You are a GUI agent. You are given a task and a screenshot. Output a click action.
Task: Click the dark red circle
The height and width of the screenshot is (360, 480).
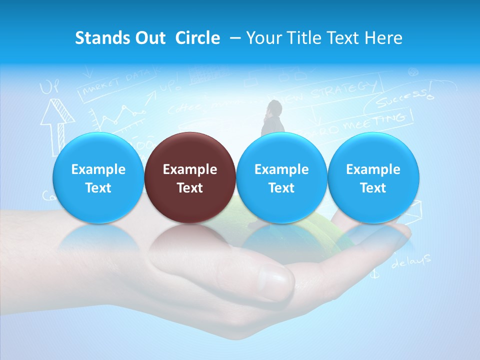pyautogui.click(x=190, y=178)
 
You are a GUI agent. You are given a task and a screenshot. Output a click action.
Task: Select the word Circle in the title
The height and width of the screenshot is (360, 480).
pyautogui.click(x=197, y=38)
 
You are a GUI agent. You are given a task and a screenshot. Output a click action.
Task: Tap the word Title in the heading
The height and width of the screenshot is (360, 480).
pyautogui.click(x=305, y=38)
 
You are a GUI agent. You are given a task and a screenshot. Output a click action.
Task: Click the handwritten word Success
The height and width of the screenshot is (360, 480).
pyautogui.click(x=402, y=98)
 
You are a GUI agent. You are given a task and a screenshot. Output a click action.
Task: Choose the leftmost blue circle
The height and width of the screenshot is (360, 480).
pyautogui.click(x=98, y=178)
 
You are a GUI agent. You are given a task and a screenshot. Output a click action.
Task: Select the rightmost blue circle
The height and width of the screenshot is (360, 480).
pyautogui.click(x=373, y=178)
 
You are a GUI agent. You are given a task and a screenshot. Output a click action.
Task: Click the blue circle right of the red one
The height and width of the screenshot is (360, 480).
pyautogui.click(x=281, y=178)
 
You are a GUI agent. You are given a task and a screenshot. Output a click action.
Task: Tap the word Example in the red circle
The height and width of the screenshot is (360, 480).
pyautogui.click(x=190, y=169)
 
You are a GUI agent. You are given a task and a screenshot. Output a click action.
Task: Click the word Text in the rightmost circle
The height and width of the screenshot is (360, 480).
pyautogui.click(x=373, y=188)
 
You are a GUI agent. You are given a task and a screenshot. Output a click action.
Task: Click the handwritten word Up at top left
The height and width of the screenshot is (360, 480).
pyautogui.click(x=49, y=88)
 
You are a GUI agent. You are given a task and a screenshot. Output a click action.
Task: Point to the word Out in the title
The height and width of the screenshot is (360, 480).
pyautogui.click(x=149, y=38)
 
